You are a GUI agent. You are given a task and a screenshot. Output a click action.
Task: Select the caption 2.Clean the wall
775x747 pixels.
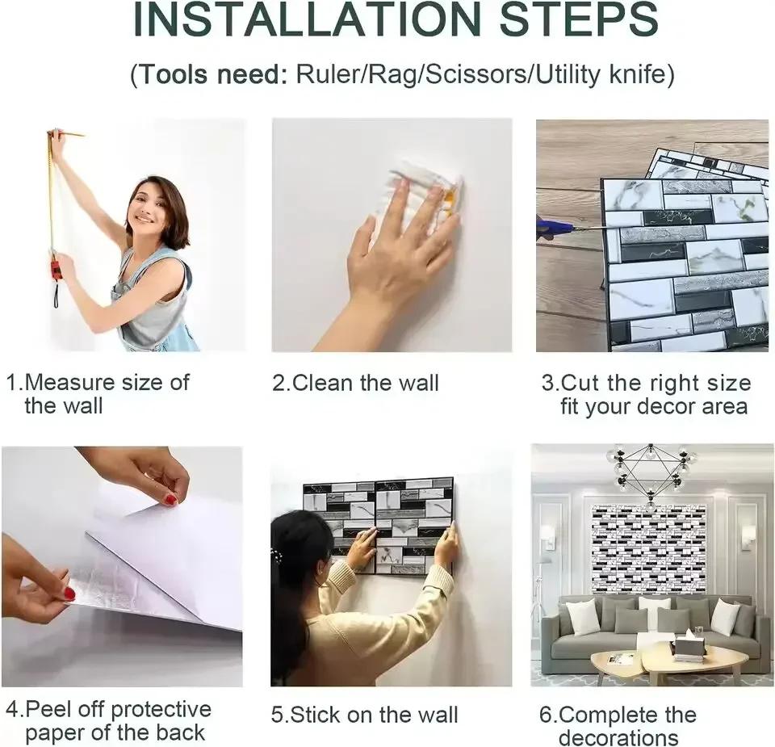[356, 383]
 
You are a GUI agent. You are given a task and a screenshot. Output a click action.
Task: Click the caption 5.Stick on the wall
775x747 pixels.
[364, 715]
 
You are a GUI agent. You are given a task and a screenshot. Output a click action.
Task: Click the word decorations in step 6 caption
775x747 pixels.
[618, 737]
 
